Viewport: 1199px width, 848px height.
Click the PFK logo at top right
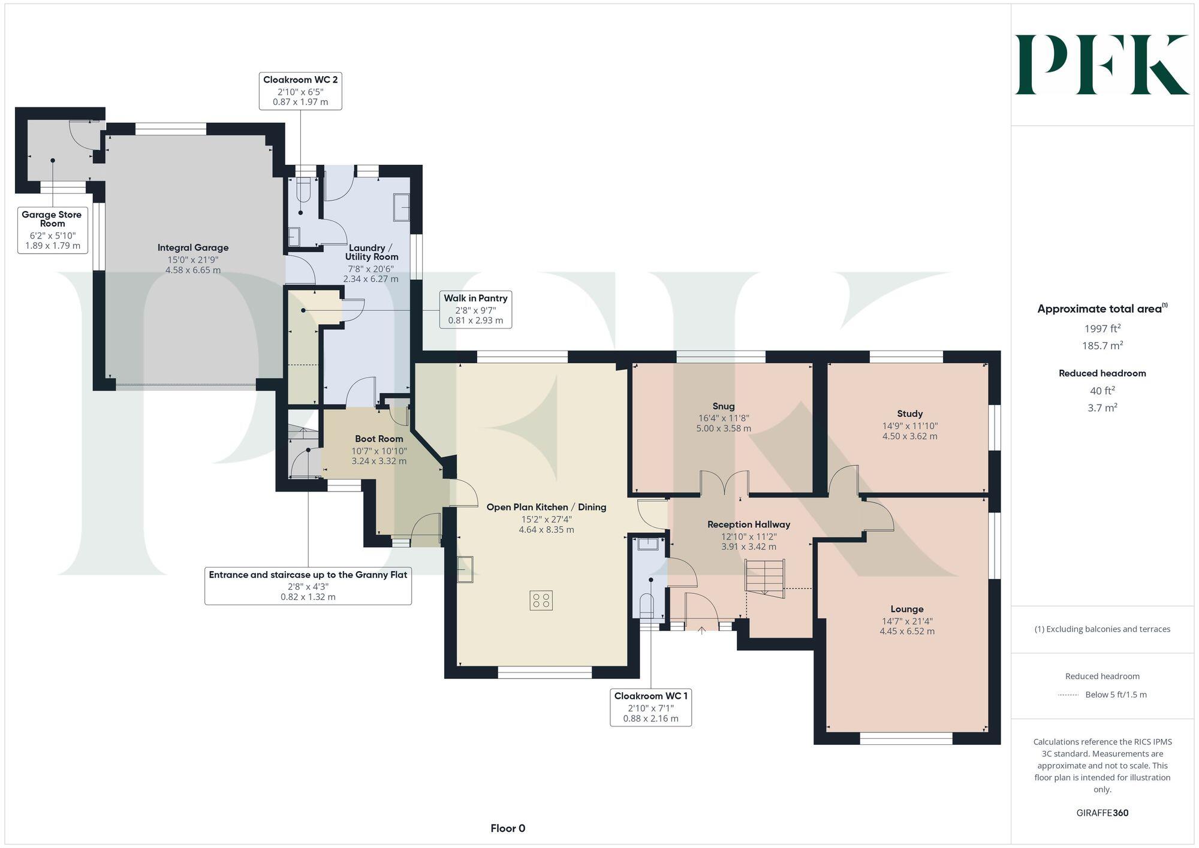pyautogui.click(x=1102, y=65)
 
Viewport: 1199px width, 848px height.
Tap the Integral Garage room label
pyautogui.click(x=193, y=248)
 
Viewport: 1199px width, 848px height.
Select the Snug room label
pyautogui.click(x=724, y=406)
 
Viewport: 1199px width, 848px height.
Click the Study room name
pyautogui.click(x=909, y=414)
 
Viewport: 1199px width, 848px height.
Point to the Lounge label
pyautogui.click(x=906, y=609)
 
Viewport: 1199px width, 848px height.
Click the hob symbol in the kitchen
pyautogui.click(x=541, y=600)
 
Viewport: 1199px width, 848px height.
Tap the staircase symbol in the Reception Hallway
pyautogui.click(x=764, y=577)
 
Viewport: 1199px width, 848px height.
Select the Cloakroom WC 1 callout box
pyautogui.click(x=650, y=707)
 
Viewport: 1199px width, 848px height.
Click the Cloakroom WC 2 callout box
pyautogui.click(x=300, y=90)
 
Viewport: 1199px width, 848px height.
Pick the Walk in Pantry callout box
pyautogui.click(x=475, y=309)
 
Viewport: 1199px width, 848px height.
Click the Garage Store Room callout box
pyautogui.click(x=52, y=230)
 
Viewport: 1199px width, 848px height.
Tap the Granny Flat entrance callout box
pyautogui.click(x=308, y=586)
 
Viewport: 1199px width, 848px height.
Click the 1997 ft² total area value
pyautogui.click(x=1102, y=328)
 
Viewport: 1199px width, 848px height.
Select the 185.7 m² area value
pyautogui.click(x=1102, y=346)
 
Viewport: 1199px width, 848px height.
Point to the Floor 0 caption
pyautogui.click(x=508, y=828)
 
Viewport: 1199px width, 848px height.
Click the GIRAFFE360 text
pyautogui.click(x=1102, y=813)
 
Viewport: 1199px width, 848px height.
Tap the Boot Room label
pyautogui.click(x=379, y=439)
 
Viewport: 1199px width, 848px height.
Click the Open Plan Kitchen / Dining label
pyautogui.click(x=546, y=507)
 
